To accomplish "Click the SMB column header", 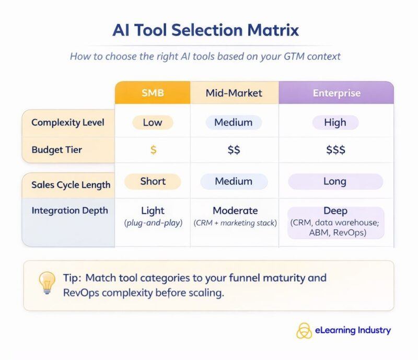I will [x=152, y=93].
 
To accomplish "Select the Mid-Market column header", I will [x=234, y=94].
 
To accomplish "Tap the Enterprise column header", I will [x=336, y=93].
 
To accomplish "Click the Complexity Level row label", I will [x=68, y=123].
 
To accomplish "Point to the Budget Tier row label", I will [x=56, y=150].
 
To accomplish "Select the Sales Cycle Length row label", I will [x=71, y=184].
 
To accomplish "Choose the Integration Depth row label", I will [x=69, y=211].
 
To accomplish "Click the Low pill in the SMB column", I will [x=153, y=123].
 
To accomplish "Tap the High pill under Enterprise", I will [x=335, y=123].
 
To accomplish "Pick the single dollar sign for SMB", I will [x=153, y=150].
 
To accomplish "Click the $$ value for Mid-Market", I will [x=234, y=150].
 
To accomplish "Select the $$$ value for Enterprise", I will [x=335, y=150].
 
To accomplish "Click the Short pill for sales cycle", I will [x=153, y=181].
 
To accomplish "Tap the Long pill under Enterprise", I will [x=335, y=181].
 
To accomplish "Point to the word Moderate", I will [x=235, y=211].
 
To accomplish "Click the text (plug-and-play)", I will [x=153, y=223].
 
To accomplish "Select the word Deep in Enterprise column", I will [x=335, y=211].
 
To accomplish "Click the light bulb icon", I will [x=47, y=282].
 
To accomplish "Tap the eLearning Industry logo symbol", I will [x=304, y=330].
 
